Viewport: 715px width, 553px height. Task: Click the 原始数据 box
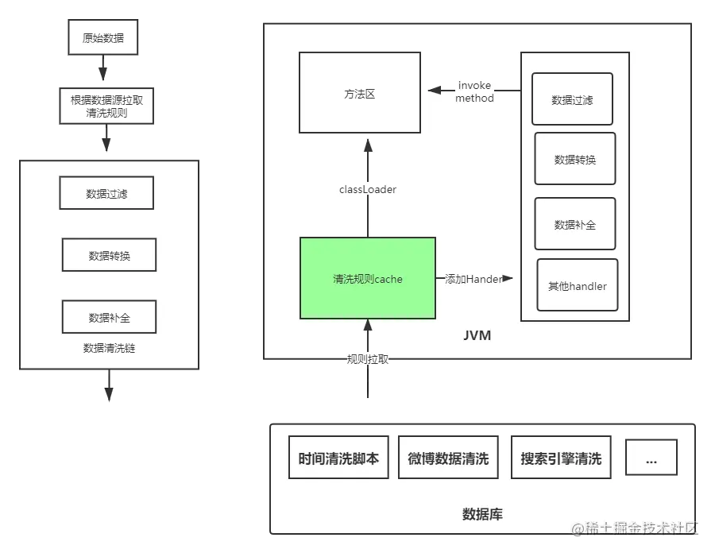tap(103, 37)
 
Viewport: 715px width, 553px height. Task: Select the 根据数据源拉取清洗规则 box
tap(106, 106)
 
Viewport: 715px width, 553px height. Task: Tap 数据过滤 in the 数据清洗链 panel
tap(106, 193)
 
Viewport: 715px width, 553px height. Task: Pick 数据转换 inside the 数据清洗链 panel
tap(109, 256)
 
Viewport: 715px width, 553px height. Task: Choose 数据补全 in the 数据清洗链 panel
tap(109, 317)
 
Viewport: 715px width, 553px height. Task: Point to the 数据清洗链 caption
tap(109, 348)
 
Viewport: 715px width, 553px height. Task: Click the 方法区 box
tap(360, 93)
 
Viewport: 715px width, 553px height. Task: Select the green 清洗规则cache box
tap(368, 279)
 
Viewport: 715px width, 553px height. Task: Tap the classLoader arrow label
tap(367, 190)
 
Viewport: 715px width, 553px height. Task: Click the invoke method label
tap(474, 92)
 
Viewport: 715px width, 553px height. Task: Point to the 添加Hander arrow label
tap(473, 279)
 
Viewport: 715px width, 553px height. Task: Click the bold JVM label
tap(477, 335)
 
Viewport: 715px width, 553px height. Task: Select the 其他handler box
tap(577, 285)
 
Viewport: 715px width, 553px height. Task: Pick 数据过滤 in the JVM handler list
tap(572, 100)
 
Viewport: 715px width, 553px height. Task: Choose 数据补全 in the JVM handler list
tap(574, 224)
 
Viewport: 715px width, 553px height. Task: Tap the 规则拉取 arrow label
tap(368, 359)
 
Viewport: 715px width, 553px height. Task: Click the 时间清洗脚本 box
tap(338, 458)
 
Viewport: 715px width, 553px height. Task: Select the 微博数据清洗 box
tap(448, 458)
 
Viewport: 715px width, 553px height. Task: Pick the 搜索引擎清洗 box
tap(561, 458)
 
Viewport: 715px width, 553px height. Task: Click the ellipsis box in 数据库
tap(651, 458)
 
